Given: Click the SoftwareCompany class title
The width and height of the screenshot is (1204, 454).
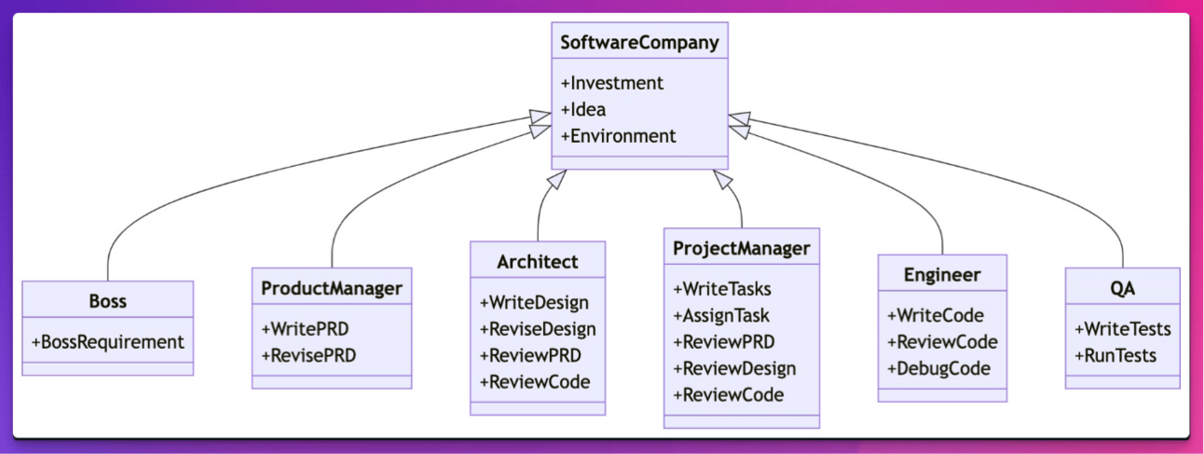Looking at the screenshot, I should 639,42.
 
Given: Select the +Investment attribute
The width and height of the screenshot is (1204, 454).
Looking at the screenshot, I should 612,83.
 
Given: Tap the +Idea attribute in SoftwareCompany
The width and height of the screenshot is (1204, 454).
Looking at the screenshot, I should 583,109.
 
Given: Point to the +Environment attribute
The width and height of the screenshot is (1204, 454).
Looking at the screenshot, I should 619,135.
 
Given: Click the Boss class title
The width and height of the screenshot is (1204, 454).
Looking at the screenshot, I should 107,301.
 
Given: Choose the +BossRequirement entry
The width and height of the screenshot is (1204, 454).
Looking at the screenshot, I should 108,341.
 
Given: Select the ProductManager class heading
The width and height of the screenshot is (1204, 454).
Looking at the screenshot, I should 332,288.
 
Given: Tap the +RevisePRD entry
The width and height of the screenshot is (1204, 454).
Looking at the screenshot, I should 308,355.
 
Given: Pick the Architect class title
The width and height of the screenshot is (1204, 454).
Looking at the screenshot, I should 538,262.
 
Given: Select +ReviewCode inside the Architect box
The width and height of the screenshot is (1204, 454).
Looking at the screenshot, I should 535,381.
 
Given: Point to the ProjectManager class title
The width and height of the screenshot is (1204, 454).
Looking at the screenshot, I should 742,249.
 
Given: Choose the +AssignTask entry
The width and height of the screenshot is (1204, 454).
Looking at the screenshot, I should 721,315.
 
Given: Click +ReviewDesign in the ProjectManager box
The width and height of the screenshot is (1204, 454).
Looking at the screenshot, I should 734,368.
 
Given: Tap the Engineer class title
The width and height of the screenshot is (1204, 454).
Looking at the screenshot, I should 942,275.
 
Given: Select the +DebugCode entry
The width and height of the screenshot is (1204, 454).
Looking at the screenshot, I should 938,368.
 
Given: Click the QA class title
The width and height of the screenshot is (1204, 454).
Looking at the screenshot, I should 1122,288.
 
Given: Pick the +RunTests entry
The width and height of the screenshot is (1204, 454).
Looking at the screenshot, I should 1115,355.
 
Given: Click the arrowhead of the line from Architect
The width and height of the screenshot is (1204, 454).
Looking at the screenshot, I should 557,179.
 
